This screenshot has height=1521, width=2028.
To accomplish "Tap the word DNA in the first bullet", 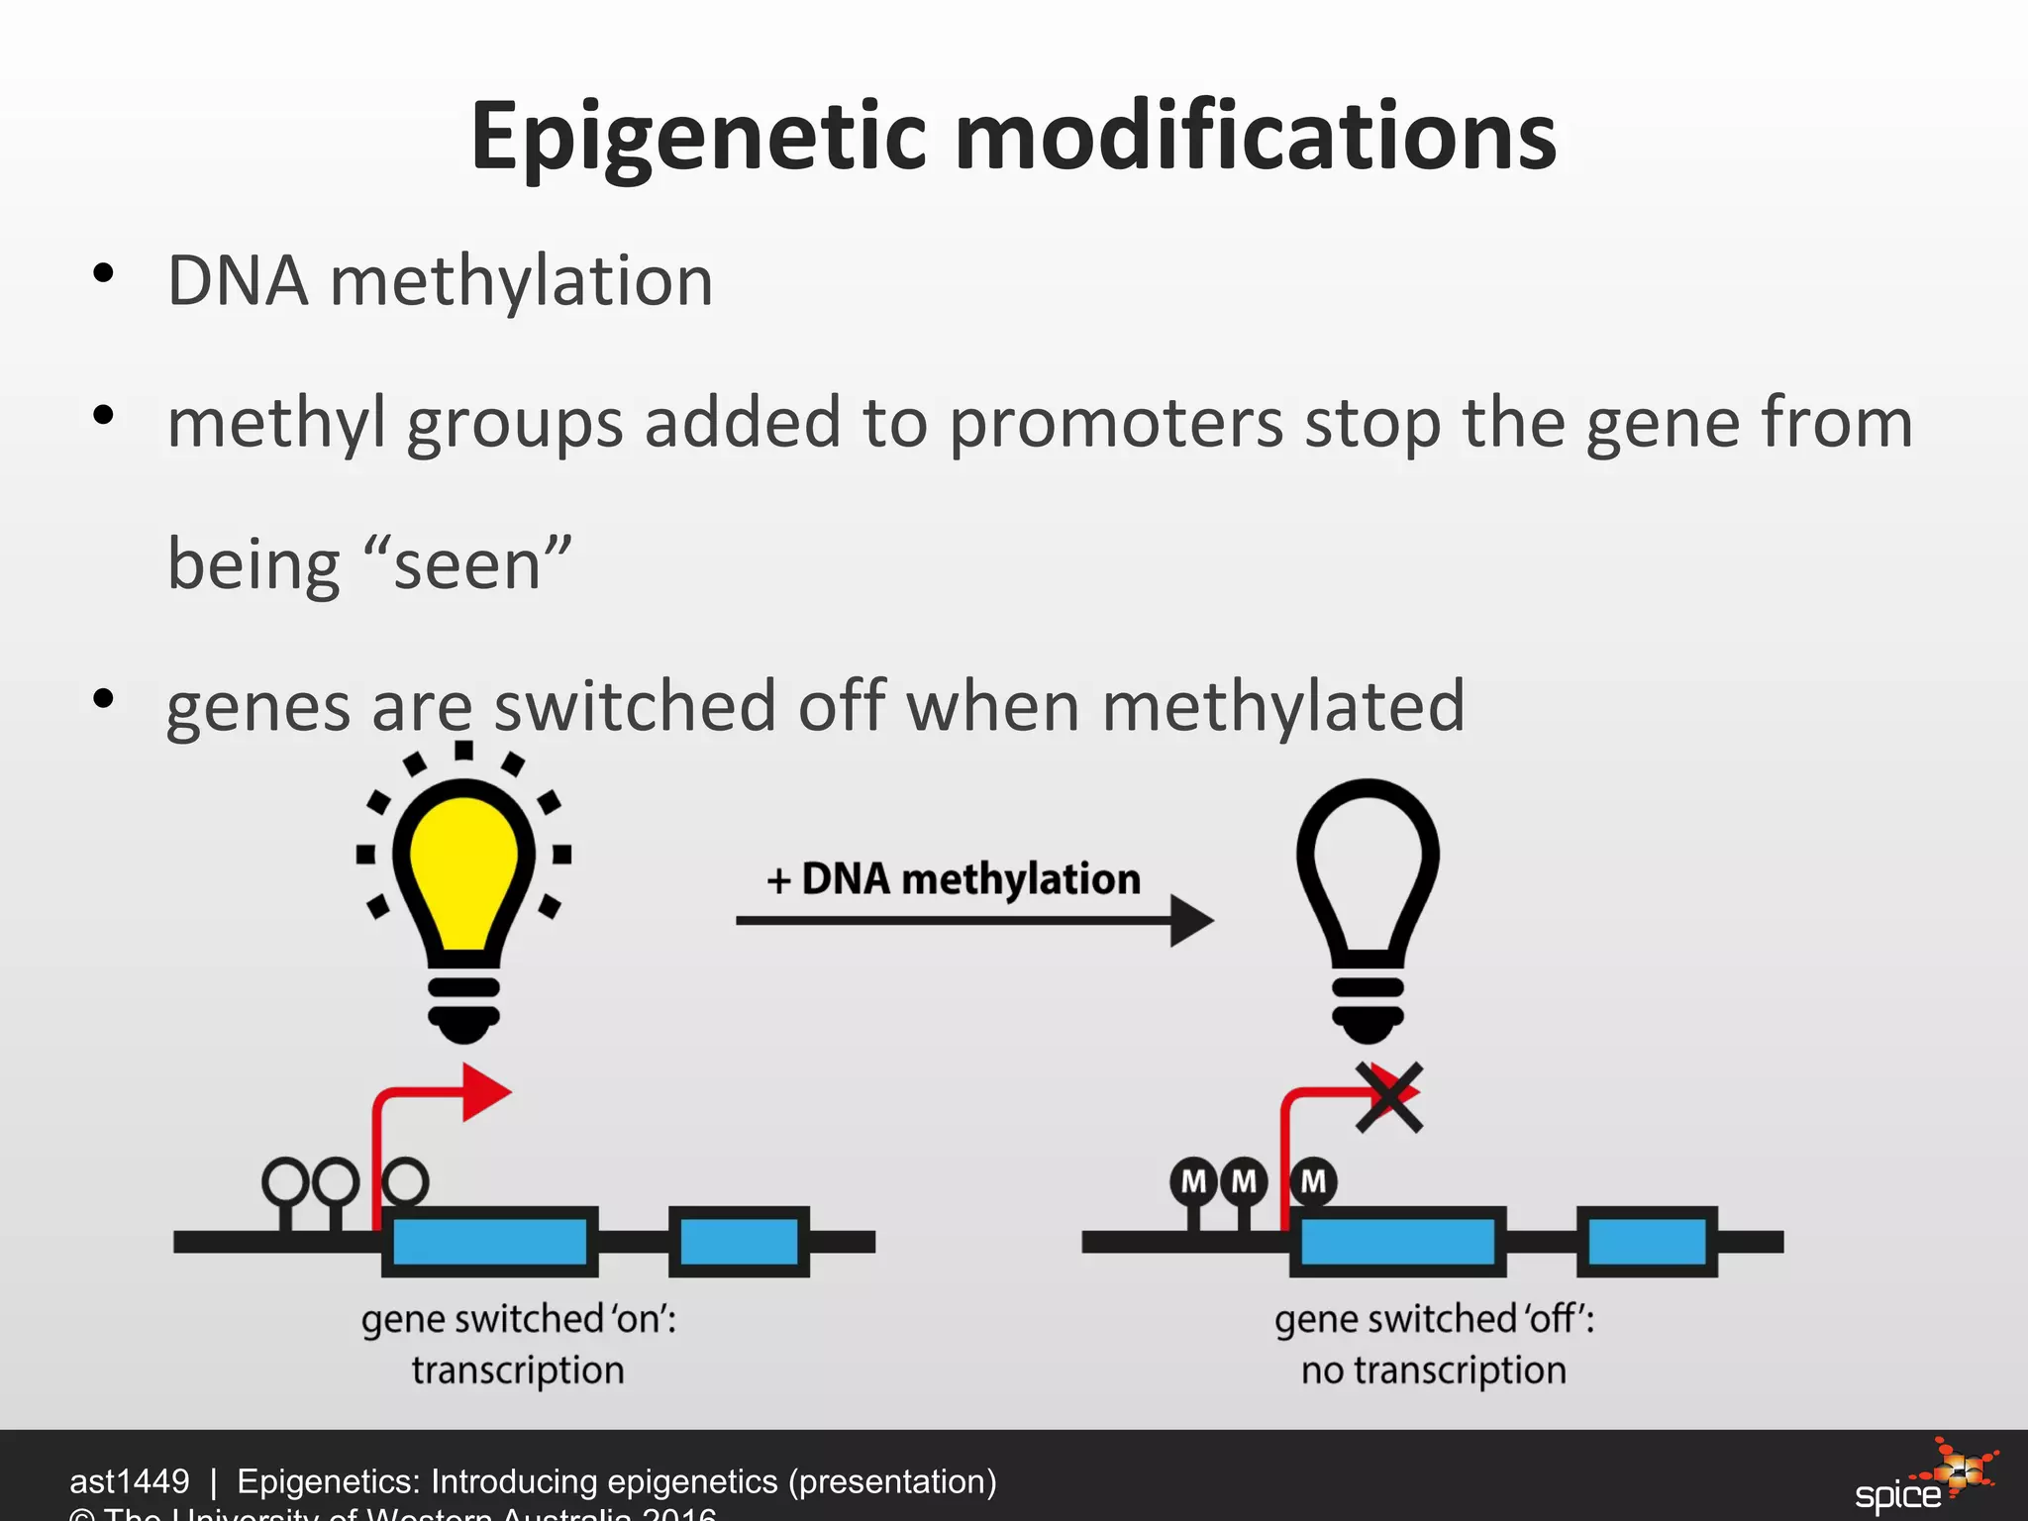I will click(238, 281).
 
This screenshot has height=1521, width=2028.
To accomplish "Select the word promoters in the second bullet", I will click(1117, 423).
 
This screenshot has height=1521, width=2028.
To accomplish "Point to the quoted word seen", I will click(467, 565).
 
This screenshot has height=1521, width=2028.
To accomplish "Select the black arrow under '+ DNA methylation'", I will click(975, 921).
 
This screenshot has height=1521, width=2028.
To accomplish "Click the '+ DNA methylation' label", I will click(954, 878).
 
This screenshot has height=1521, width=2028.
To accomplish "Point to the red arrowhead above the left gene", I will click(484, 1092).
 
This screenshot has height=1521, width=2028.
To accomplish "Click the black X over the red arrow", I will click(1389, 1097).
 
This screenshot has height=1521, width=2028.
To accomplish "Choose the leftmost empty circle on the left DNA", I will click(285, 1180).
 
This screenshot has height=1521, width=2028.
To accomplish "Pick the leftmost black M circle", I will click(1193, 1180).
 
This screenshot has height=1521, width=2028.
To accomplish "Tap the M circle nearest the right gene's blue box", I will click(1313, 1180).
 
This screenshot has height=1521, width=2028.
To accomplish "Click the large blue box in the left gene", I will click(489, 1241).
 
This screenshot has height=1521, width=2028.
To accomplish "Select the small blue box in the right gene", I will click(1647, 1241).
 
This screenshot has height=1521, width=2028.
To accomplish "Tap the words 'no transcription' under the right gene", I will click(1433, 1370).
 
